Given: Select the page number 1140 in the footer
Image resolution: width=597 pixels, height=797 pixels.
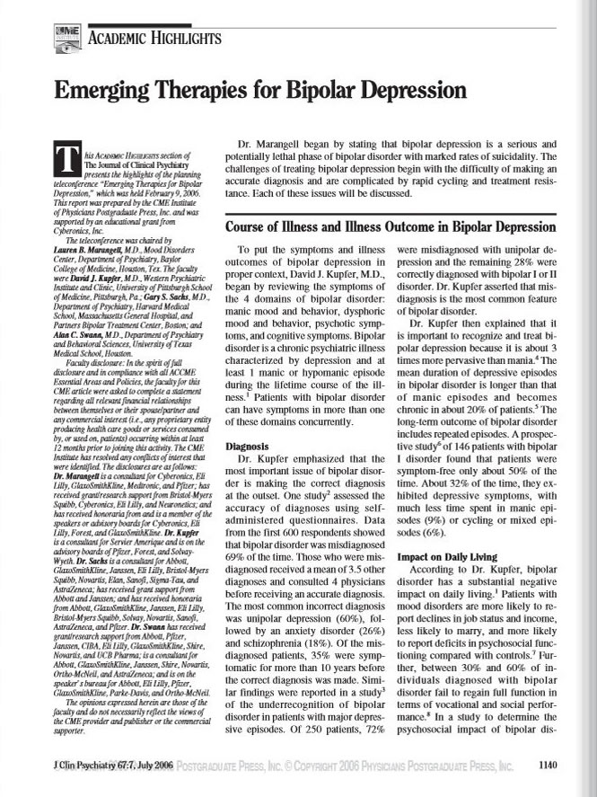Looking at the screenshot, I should pos(547,765).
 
